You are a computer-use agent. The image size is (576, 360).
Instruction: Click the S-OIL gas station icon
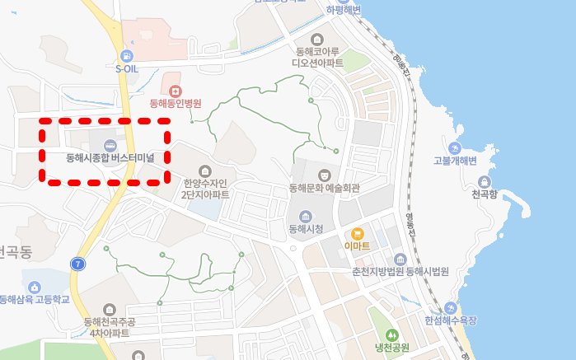click(126, 55)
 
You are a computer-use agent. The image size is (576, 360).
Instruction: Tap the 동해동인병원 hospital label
click(175, 104)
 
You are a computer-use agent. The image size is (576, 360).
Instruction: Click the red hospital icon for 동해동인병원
click(175, 90)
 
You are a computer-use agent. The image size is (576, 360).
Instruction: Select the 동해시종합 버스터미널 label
click(110, 157)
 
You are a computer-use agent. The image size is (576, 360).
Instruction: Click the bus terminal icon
click(110, 144)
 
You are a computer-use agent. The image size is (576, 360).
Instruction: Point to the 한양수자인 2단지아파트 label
click(205, 189)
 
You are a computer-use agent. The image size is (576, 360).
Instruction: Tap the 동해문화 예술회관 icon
click(325, 175)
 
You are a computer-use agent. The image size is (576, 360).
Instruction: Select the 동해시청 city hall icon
click(306, 216)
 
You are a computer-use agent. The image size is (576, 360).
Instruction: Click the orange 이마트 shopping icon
click(357, 234)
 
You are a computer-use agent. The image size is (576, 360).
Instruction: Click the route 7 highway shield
click(78, 264)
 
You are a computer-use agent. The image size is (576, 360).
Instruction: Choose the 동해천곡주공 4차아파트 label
click(110, 327)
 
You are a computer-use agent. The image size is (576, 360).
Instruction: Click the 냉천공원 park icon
click(392, 334)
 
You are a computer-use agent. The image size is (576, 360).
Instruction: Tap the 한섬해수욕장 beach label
click(450, 320)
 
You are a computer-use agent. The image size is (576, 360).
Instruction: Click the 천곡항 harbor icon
click(485, 182)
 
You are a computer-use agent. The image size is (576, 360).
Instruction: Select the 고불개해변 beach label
click(455, 161)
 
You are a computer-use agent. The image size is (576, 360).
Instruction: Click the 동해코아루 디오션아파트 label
click(317, 57)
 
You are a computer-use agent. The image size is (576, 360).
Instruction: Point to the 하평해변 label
click(344, 10)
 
